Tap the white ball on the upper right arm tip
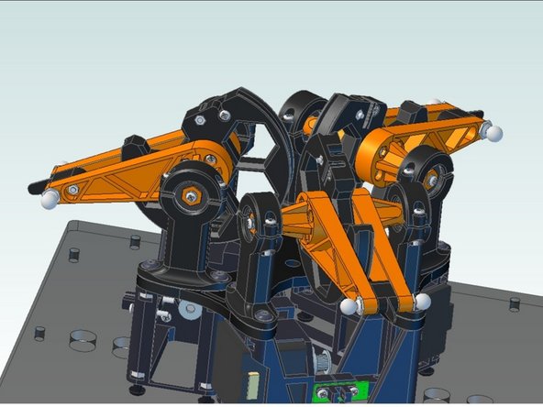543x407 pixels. pos(493,133)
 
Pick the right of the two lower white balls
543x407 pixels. pos(423,301)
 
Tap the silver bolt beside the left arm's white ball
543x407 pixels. pos(72,191)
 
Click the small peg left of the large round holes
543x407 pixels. pos(40,333)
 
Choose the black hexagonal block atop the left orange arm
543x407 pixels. pos(134,145)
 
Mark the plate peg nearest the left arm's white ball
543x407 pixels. pos(75,256)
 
